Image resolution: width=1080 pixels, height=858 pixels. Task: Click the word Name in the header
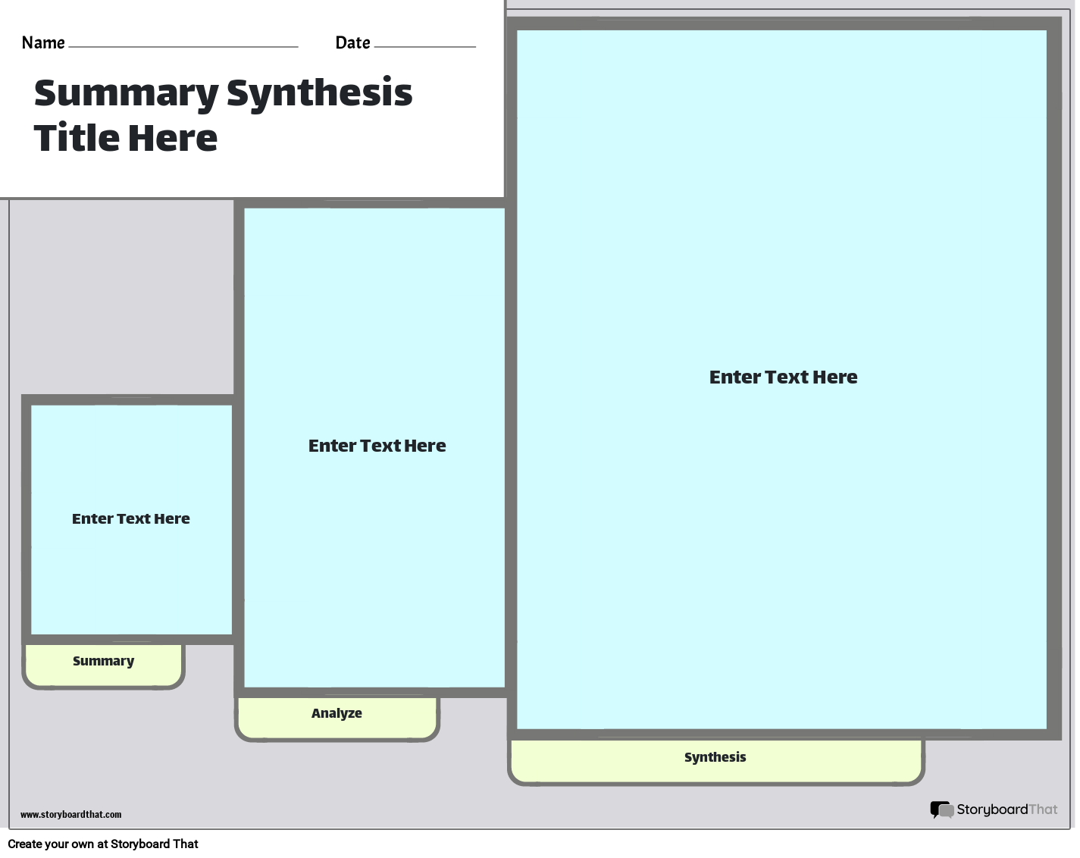tap(43, 43)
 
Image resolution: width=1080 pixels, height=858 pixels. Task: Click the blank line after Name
tap(183, 45)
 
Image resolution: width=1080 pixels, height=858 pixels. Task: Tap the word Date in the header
tap(352, 43)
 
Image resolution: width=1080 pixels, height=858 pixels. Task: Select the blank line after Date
tap(424, 45)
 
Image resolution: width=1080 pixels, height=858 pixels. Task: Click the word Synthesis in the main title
tap(319, 93)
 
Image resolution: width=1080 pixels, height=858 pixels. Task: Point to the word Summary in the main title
tap(126, 93)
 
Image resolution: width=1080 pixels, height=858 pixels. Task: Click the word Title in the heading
tap(77, 138)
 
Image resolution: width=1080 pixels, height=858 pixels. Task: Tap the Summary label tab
tap(103, 662)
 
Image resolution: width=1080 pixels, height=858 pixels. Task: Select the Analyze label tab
tap(337, 714)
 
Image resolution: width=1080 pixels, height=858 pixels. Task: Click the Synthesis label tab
tap(715, 758)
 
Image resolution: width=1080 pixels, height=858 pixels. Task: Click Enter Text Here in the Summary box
tap(130, 519)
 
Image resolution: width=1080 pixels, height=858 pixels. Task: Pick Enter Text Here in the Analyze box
tap(377, 446)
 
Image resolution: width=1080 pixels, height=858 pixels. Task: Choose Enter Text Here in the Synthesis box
tap(783, 377)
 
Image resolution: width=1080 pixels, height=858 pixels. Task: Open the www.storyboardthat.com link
tap(70, 815)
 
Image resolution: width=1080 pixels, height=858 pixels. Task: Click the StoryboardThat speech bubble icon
tap(941, 810)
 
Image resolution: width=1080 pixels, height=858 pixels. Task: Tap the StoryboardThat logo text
tap(1006, 809)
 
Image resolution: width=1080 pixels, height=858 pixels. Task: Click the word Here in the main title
tap(172, 138)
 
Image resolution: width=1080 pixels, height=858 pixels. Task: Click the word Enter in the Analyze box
tap(331, 446)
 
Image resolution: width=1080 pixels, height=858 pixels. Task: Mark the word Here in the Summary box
tap(172, 519)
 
